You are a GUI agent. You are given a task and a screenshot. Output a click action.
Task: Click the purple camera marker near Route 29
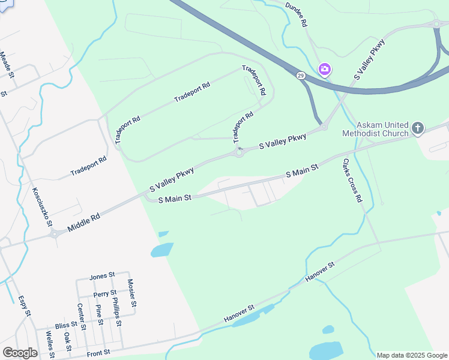pos(325,70)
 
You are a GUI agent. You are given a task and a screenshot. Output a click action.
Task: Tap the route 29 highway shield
pos(300,76)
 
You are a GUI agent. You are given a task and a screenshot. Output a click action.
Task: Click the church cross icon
pos(418,128)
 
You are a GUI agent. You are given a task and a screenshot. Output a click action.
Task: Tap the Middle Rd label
pos(84,218)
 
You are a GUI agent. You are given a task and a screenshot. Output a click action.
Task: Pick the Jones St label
pos(102,276)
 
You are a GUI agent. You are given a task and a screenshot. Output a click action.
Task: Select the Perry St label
pos(105,294)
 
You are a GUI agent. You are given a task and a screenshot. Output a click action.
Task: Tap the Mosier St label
pos(132,293)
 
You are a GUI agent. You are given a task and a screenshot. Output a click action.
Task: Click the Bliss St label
pos(63,325)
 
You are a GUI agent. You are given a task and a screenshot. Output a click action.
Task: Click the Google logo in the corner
pos(20,353)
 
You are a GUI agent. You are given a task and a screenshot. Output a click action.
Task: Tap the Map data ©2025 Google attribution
pos(412,355)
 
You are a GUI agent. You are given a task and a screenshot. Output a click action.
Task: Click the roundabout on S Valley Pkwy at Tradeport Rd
pos(240,152)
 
